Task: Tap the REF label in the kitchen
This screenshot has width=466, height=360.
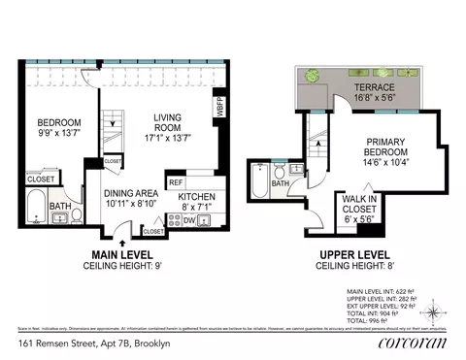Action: tap(177, 181)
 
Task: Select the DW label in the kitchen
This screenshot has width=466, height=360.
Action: tap(190, 219)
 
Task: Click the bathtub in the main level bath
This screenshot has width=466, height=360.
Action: tap(34, 206)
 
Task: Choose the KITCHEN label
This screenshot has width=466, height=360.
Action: tap(196, 198)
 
